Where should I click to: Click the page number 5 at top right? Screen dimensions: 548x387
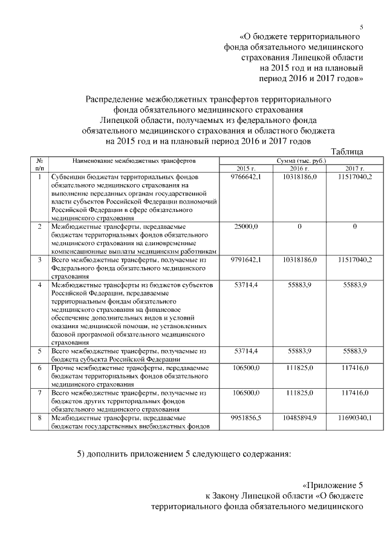[361, 27]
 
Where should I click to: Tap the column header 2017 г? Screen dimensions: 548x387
[354, 168]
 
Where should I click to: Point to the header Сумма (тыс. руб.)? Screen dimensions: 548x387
[301, 161]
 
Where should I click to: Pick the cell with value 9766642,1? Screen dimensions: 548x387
[246, 177]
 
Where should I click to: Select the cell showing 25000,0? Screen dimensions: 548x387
[246, 226]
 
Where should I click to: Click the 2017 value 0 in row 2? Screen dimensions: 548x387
[354, 226]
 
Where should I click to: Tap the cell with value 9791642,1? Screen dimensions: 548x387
[246, 259]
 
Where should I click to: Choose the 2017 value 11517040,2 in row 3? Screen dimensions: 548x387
[354, 259]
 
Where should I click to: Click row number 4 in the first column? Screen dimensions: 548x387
[39, 284]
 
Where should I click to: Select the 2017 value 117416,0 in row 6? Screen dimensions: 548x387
[354, 368]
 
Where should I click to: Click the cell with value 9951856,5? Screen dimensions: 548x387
[246, 418]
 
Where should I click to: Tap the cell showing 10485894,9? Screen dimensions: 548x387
[300, 418]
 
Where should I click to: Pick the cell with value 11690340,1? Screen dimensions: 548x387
[354, 418]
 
